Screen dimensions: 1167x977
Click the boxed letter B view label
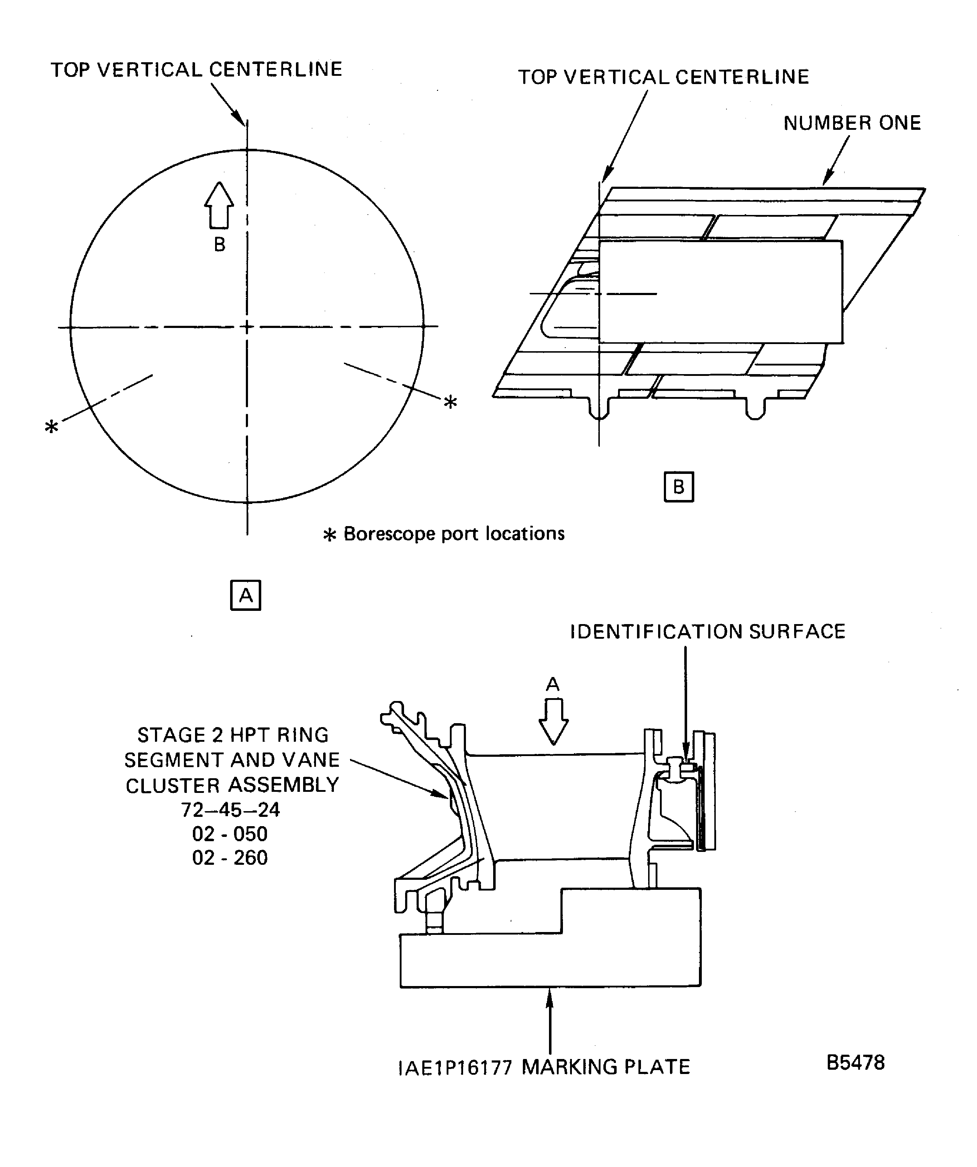pyautogui.click(x=679, y=487)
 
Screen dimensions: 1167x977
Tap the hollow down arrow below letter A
pyautogui.click(x=553, y=721)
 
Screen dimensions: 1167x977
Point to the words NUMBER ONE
pyautogui.click(x=852, y=123)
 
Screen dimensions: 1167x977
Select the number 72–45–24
pyautogui.click(x=230, y=810)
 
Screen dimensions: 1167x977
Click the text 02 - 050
pyautogui.click(x=230, y=834)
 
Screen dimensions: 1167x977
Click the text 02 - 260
pyautogui.click(x=230, y=858)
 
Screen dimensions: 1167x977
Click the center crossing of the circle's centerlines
pyautogui.click(x=247, y=327)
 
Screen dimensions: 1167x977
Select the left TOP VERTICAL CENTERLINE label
pyautogui.click(x=196, y=69)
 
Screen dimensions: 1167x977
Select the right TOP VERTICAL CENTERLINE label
pyautogui.click(x=664, y=77)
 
